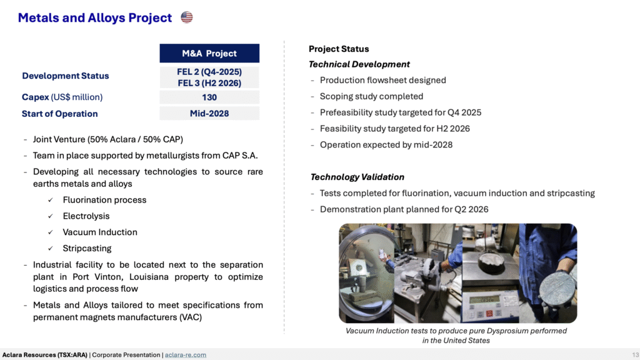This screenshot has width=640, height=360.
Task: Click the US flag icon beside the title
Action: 186,17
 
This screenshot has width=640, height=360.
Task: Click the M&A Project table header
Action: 209,54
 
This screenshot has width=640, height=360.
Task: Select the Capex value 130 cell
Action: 209,97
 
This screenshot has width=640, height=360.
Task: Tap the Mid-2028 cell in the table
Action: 209,114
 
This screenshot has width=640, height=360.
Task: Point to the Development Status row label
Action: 65,76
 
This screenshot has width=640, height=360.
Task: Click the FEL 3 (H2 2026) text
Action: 209,83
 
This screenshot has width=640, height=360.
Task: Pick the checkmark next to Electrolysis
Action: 50,216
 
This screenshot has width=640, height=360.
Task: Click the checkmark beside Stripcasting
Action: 50,248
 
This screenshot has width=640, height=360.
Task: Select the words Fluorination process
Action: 104,200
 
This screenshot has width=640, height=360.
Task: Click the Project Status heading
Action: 339,49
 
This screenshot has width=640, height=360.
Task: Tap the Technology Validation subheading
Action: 357,177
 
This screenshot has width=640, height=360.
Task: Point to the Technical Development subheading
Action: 359,64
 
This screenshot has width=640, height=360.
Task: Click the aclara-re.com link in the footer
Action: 185,355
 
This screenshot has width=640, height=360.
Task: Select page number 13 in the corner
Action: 636,355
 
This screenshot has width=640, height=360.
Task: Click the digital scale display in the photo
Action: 485,300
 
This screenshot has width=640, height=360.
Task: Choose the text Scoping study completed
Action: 371,96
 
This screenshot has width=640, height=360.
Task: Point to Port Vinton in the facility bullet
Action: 98,277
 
